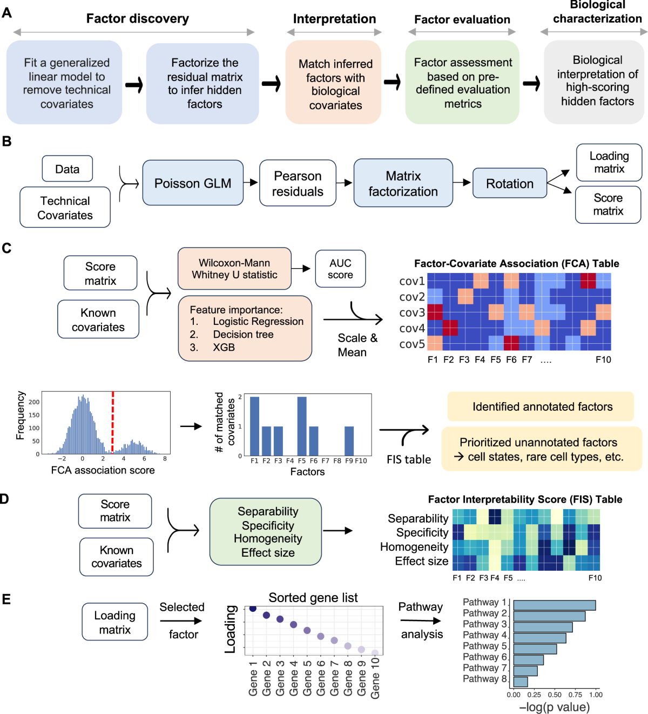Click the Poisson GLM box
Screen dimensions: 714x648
(193, 183)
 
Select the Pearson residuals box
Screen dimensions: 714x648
(298, 183)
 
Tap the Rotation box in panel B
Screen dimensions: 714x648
(509, 183)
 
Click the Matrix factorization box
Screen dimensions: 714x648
(403, 183)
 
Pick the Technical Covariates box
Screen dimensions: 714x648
(65, 208)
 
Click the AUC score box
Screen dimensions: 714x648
(340, 269)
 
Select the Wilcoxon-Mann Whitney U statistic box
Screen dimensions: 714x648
(234, 269)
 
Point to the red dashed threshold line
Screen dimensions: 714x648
(112, 422)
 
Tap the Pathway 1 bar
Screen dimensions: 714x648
(554, 605)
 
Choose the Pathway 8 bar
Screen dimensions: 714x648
(521, 682)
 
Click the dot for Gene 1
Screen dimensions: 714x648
(253, 609)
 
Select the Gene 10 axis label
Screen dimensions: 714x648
(375, 678)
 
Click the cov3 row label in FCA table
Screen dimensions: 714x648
(412, 312)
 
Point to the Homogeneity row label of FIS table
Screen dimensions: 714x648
(414, 547)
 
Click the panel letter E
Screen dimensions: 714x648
(6, 599)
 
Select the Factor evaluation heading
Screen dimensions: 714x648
(462, 19)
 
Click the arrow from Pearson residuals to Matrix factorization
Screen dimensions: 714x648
(345, 183)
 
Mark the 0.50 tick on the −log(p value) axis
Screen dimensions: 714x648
(555, 695)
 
